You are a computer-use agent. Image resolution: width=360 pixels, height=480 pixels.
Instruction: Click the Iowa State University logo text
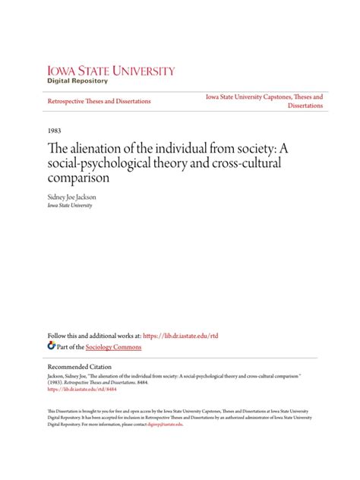[x=111, y=71]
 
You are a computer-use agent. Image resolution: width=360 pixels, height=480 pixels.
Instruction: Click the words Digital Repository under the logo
[x=77, y=81]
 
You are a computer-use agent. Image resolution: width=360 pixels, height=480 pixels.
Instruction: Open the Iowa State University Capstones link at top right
[x=264, y=97]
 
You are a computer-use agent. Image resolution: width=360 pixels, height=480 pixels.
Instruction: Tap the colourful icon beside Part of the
[x=51, y=345]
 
